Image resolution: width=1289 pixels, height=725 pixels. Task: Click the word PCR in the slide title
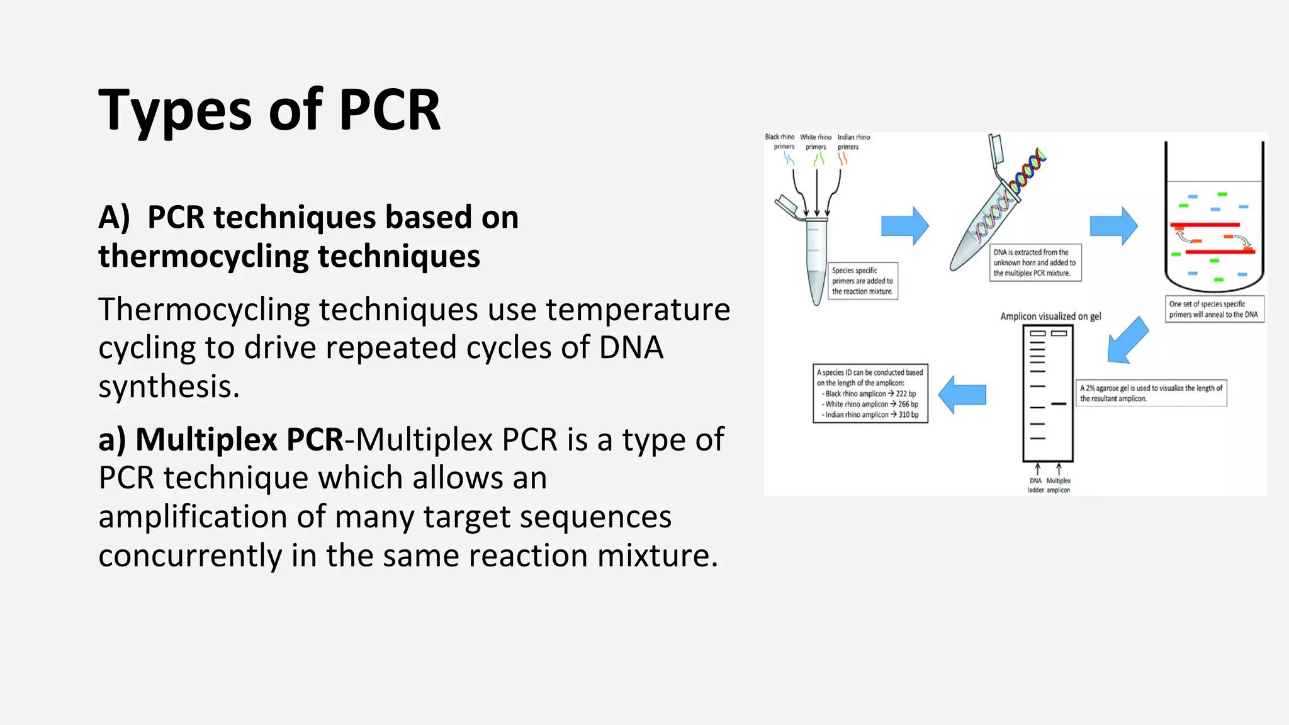390,110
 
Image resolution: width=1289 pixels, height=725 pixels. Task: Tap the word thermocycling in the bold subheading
203,257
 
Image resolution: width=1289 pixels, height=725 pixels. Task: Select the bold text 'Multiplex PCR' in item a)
239,439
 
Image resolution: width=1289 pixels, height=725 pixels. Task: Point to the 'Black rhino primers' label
780,142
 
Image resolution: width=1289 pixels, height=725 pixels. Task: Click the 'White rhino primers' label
816,142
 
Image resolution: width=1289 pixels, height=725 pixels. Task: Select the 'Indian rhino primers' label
853,142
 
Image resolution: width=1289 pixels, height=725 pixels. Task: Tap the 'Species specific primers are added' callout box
862,281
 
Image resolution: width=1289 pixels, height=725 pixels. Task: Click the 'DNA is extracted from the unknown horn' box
1035,262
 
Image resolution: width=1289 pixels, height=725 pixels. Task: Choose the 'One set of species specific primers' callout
1213,309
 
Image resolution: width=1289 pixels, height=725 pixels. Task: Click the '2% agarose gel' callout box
1151,393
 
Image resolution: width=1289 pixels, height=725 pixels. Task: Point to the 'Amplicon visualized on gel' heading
1050,317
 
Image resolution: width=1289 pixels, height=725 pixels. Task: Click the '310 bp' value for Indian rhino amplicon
908,415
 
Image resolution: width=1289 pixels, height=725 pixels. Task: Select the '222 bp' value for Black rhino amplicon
906,393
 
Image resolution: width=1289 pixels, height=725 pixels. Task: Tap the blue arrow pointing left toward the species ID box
962,395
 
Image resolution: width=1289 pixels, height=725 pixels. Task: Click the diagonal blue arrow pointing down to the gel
1127,340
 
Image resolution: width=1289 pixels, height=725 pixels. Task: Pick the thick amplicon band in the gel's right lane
1059,403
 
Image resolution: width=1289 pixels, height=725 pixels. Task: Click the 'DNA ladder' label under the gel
1035,485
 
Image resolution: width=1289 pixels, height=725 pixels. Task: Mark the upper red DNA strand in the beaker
1205,225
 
